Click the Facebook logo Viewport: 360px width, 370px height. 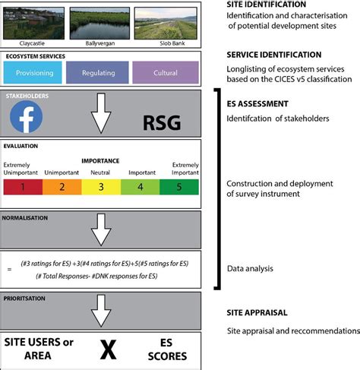[x=27, y=117]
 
